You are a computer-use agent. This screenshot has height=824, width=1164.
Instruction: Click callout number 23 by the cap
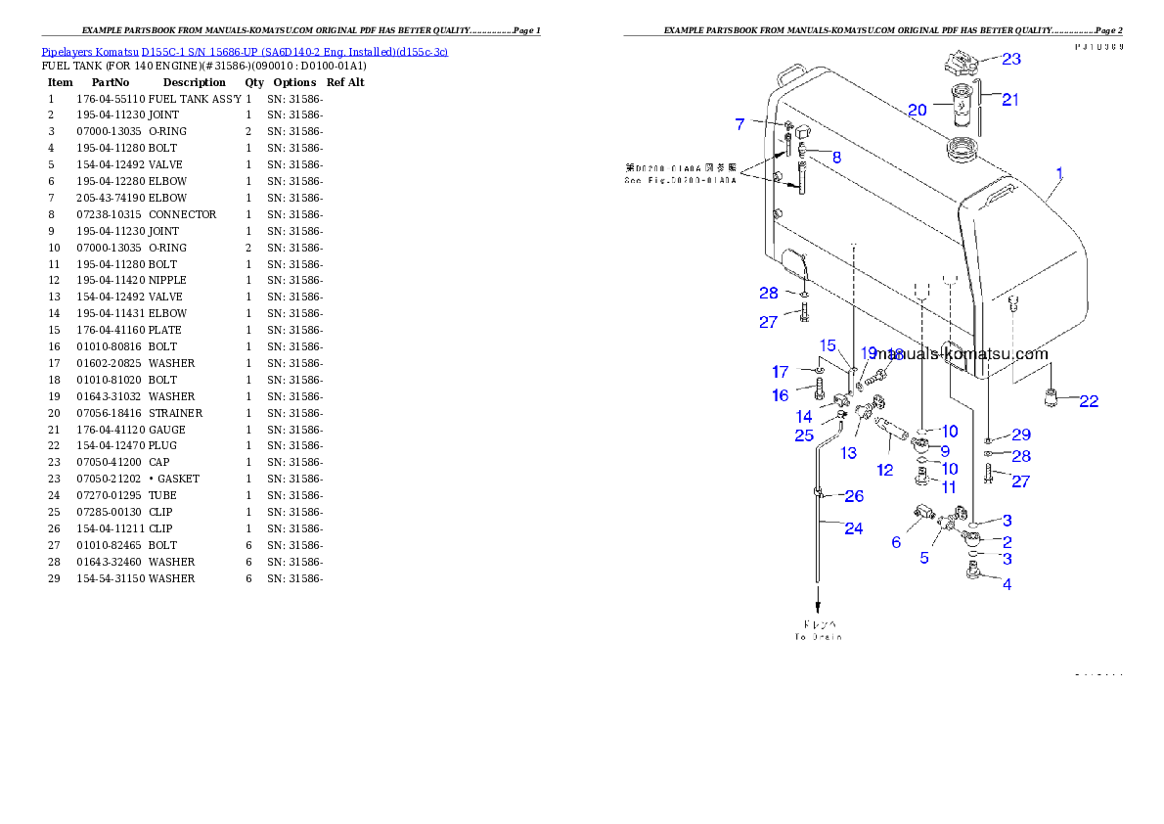pyautogui.click(x=1011, y=59)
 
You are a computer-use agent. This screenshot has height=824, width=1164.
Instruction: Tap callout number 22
pyautogui.click(x=1088, y=401)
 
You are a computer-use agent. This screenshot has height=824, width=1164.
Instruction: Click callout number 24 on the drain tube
pyautogui.click(x=854, y=528)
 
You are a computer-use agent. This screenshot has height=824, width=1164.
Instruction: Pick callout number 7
pyautogui.click(x=740, y=124)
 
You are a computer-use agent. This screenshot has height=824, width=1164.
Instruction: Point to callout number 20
pyautogui.click(x=917, y=111)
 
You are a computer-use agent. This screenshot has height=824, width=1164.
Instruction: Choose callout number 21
pyautogui.click(x=1010, y=99)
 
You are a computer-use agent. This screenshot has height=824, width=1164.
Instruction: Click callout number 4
pyautogui.click(x=1007, y=585)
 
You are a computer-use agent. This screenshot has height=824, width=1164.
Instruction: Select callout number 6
pyautogui.click(x=896, y=542)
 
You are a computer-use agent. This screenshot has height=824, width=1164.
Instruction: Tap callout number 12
pyautogui.click(x=884, y=470)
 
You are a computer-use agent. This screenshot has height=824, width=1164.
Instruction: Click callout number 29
pyautogui.click(x=1021, y=435)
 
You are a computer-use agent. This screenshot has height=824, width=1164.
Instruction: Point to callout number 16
pyautogui.click(x=780, y=395)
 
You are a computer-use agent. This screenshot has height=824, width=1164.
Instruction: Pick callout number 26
pyautogui.click(x=854, y=496)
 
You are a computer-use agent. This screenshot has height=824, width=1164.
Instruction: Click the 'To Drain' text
pyautogui.click(x=818, y=636)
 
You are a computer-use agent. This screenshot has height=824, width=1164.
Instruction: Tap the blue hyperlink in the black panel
pyautogui.click(x=245, y=52)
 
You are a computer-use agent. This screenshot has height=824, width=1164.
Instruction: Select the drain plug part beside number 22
pyautogui.click(x=1052, y=398)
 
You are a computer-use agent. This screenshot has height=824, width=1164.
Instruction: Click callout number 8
pyautogui.click(x=836, y=157)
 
